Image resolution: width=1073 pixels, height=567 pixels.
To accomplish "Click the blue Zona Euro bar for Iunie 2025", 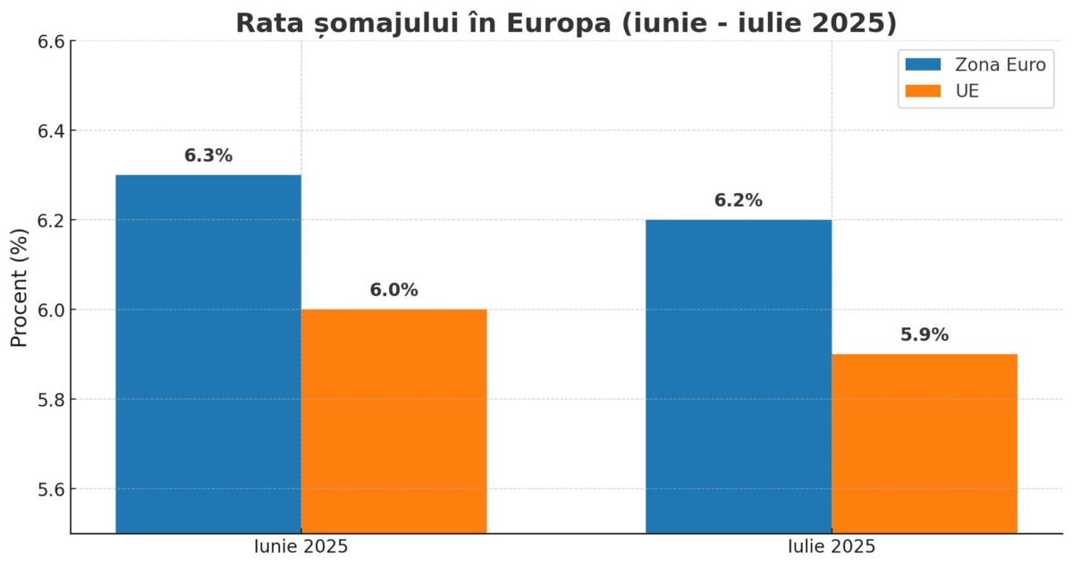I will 208,353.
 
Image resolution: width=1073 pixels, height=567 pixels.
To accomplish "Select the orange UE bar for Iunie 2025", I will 393,420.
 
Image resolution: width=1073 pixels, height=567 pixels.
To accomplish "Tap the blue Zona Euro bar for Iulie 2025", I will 739,376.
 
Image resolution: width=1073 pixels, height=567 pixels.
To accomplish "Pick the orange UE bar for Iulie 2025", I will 925,443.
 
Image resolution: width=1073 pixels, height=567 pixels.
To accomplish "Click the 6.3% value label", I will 208,156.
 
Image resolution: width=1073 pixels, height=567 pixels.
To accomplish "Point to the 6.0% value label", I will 393,291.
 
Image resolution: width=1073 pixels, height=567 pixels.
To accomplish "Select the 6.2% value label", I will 739,201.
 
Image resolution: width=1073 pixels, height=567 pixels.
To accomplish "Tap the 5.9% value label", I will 925,335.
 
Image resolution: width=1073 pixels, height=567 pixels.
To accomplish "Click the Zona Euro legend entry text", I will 1000,64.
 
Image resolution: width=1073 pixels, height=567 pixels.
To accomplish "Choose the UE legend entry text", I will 967,90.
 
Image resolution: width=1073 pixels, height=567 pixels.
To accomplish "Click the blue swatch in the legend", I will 923,64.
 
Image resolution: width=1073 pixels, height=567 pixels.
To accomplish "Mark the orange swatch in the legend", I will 923,90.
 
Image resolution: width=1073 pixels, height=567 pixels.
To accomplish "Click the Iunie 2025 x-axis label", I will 300,546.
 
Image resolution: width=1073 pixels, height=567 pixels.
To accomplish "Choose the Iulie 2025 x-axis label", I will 832,546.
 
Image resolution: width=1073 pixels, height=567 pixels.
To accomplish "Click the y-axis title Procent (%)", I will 20,286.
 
